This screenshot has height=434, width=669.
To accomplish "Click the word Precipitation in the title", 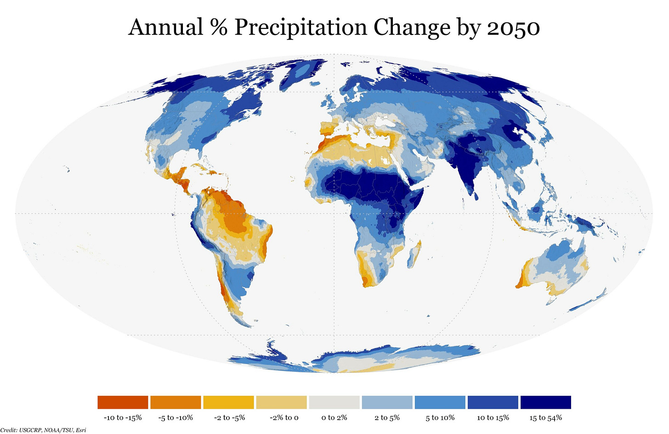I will click(300, 28).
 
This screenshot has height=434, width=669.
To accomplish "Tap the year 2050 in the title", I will click(513, 28).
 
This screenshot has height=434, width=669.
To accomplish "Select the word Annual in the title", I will click(165, 28).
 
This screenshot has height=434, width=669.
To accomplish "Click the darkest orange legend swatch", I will click(123, 402).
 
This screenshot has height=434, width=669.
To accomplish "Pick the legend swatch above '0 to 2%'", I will click(334, 402).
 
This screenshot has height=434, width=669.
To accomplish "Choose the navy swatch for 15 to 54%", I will click(545, 402).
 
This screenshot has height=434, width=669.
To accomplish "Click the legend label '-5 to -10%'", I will click(176, 418).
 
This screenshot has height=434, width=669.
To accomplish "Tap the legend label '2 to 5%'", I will click(387, 418).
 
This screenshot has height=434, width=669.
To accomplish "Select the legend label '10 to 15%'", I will click(493, 418).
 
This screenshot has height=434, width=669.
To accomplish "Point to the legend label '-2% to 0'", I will click(281, 418).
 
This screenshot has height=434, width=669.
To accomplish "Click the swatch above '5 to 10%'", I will click(440, 402).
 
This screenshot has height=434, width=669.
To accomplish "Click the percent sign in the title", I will click(219, 28).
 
